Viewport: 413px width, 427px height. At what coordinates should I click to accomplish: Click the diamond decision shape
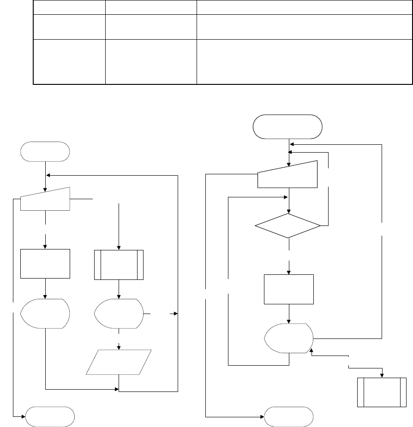tap(288, 225)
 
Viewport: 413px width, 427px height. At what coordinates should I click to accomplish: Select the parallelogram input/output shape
tap(119, 362)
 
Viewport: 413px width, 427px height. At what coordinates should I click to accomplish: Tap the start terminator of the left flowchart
tap(45, 151)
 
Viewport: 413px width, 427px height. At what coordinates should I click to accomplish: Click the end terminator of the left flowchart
tap(50, 416)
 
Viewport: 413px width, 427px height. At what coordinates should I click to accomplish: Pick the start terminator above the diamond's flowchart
tap(287, 126)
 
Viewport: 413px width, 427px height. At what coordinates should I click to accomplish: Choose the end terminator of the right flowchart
tap(289, 416)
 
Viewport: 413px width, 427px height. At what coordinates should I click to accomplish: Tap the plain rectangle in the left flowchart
tap(45, 263)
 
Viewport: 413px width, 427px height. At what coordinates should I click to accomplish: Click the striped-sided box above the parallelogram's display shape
tap(119, 265)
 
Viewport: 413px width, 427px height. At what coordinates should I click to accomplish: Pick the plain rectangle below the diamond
tap(288, 289)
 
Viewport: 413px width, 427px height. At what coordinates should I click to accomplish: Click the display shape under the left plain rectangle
tap(45, 314)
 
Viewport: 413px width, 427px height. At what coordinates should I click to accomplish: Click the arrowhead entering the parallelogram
tap(120, 347)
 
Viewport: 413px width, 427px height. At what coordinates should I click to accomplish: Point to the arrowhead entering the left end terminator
tap(24, 416)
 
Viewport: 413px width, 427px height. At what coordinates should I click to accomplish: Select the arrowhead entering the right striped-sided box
tap(382, 374)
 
